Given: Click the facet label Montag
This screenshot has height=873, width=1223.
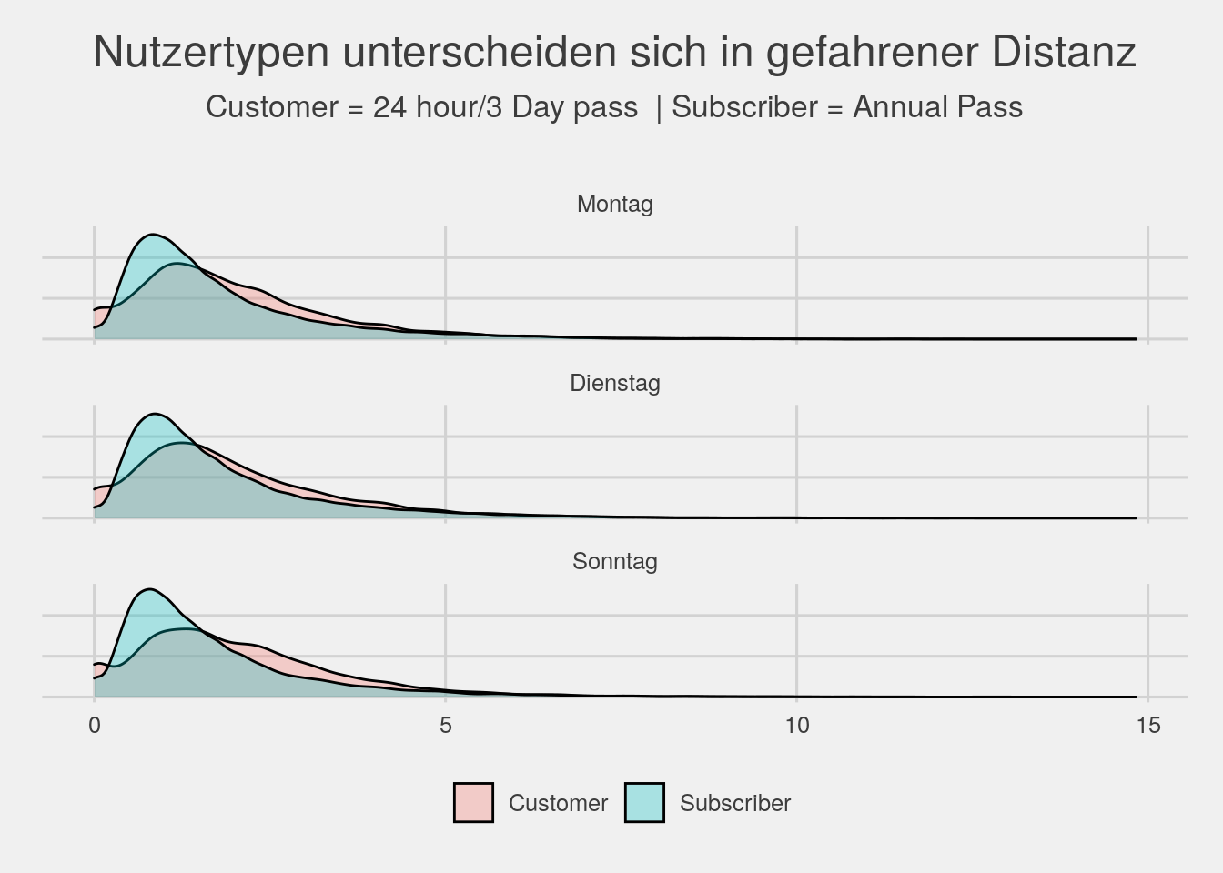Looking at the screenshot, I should click(614, 204).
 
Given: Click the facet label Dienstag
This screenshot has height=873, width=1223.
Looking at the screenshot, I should click(614, 383).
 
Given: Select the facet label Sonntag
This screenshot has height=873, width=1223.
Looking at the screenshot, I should click(614, 561).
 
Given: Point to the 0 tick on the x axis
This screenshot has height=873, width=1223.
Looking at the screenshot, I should click(95, 725).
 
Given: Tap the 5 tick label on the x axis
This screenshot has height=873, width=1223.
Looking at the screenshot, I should click(446, 725).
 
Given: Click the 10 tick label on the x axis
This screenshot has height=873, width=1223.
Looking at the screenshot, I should click(796, 725).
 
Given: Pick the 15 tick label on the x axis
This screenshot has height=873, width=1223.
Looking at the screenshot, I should click(1147, 725).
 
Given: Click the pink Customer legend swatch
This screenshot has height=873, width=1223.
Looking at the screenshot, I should click(473, 803).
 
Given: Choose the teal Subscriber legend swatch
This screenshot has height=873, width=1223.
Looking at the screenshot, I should click(644, 803).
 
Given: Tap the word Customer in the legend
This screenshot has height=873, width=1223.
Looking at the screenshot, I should click(558, 803).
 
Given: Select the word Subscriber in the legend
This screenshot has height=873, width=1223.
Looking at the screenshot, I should click(735, 803).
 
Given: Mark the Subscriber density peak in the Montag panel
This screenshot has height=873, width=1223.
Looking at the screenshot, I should click(152, 235).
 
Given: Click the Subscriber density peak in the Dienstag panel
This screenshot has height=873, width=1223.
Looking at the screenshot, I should click(152, 414).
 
